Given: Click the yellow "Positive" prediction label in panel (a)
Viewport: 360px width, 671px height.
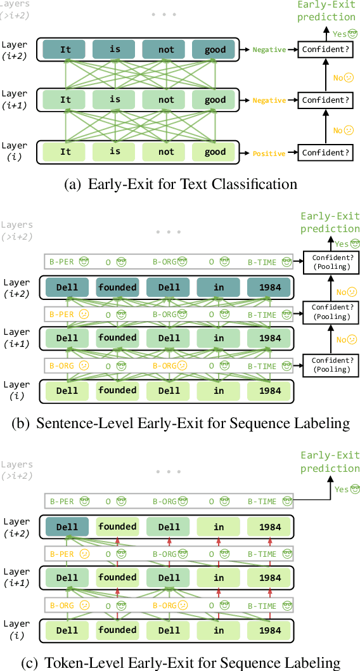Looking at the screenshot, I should pos(269,153).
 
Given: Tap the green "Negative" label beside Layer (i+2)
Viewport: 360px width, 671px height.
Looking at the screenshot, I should pos(269,49).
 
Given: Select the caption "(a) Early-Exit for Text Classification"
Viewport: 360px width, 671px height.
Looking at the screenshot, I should pos(181,185).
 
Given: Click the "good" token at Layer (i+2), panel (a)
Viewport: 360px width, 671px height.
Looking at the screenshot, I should pos(215,49).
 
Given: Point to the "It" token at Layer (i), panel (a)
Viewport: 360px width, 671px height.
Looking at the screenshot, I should pos(66,152).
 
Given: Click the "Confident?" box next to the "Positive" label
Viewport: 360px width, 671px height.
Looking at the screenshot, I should pos(326,153).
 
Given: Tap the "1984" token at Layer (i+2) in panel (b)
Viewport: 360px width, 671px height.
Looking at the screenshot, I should pos(269,287).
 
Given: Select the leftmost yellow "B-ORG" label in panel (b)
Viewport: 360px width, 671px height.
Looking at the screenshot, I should pos(62,366).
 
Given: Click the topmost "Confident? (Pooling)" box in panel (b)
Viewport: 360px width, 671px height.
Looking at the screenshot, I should pos(331,262).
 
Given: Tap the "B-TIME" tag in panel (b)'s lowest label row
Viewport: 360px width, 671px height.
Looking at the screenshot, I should pos(262,366).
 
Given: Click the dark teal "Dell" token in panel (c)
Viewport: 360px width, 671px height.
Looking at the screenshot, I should pos(67,527).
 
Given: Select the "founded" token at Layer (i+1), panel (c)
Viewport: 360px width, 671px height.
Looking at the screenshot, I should pos(117,578).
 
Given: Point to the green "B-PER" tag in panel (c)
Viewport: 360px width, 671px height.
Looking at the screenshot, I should pos(62,502).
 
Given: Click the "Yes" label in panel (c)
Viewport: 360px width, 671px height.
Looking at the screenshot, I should pos(342,489).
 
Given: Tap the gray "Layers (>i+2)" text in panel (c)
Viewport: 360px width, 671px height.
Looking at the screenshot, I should pos(16,469).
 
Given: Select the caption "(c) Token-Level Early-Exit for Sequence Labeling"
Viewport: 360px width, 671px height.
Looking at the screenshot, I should pos(181,663).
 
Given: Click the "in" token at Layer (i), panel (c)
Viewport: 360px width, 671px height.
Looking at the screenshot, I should pos(219,630).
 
